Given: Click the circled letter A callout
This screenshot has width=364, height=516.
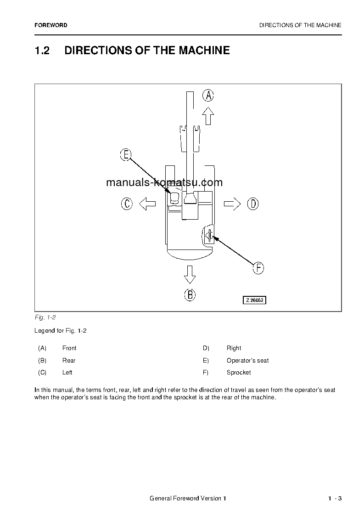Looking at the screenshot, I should click(x=208, y=95).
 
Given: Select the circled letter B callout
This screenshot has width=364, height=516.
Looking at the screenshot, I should click(x=190, y=295).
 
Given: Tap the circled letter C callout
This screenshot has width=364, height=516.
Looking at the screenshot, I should click(x=127, y=204).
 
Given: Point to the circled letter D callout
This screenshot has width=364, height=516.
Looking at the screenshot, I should click(x=253, y=204).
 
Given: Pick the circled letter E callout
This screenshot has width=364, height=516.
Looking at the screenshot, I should click(x=125, y=155).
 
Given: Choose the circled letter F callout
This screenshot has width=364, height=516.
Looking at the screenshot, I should click(x=258, y=268).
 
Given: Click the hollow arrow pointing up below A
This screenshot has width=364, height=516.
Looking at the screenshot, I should click(x=208, y=116).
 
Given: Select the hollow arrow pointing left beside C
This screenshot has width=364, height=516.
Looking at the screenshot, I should click(x=147, y=204).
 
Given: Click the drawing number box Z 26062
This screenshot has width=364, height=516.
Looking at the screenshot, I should click(x=254, y=300).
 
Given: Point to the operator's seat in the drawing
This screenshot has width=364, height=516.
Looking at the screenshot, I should click(x=174, y=198).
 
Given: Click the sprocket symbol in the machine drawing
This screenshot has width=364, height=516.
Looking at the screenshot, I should click(x=209, y=236).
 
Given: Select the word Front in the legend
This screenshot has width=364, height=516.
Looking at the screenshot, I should click(x=69, y=348).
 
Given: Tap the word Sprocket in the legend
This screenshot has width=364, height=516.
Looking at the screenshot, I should click(x=239, y=373).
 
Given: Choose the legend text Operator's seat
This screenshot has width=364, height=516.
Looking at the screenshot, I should click(x=247, y=361).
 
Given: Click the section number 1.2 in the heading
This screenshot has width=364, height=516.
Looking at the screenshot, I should click(x=42, y=51).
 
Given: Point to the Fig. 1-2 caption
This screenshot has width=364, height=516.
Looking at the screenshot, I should click(x=45, y=318).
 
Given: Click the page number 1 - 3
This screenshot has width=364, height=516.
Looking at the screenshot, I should click(x=335, y=499).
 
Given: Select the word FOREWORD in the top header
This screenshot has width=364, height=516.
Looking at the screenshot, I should click(x=50, y=26).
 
